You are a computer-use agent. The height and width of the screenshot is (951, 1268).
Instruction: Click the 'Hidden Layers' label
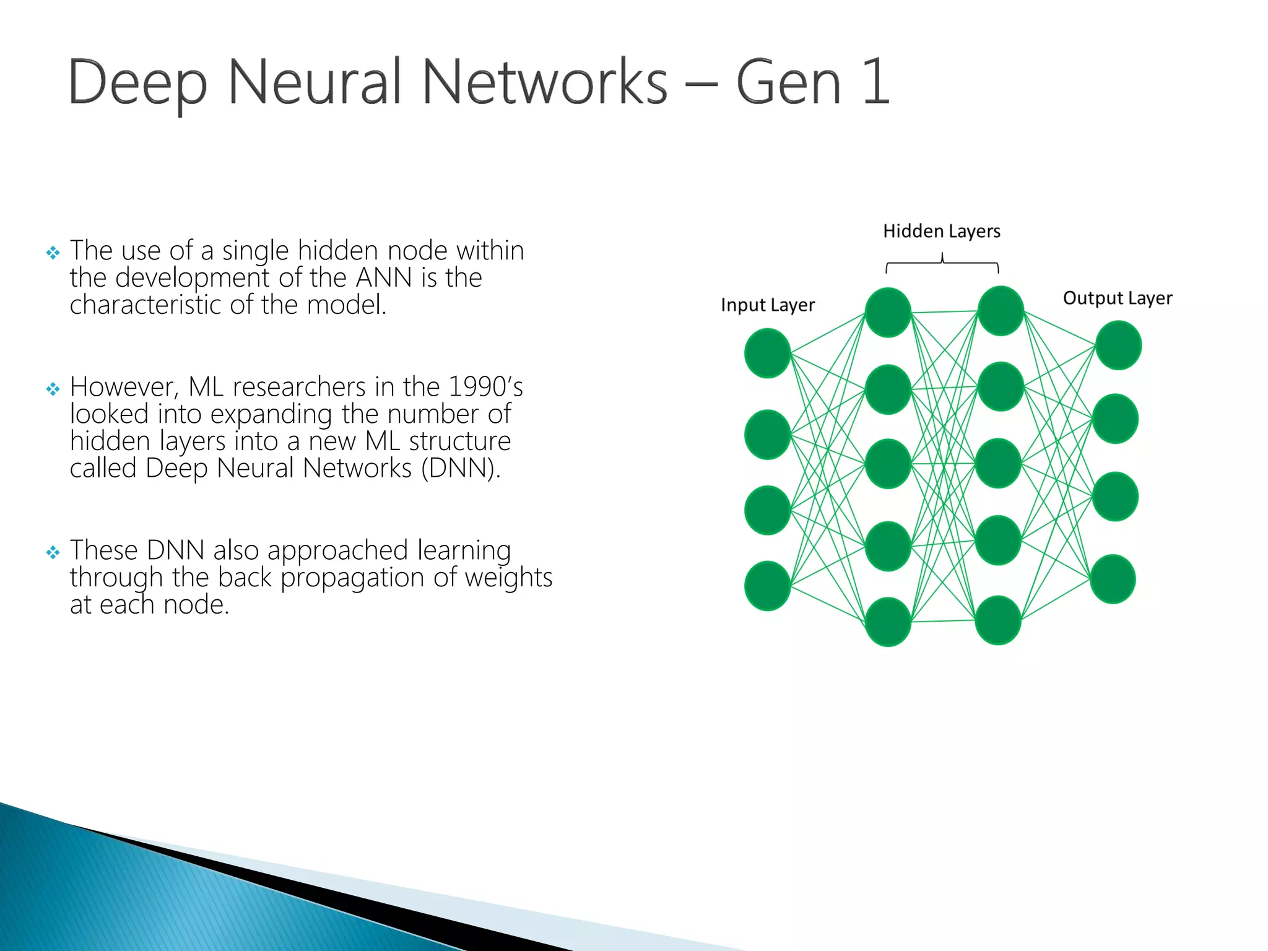pos(941,231)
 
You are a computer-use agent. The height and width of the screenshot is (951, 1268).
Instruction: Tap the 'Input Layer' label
pos(768,305)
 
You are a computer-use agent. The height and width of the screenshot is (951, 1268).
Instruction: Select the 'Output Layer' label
pos(1118,298)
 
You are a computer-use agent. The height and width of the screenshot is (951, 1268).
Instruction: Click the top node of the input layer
pos(767,353)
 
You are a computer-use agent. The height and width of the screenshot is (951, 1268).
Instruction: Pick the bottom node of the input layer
pos(767,586)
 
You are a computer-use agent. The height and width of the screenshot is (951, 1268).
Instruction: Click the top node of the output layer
pos(1118,345)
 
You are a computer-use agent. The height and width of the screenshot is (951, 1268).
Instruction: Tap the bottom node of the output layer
pos(1113,579)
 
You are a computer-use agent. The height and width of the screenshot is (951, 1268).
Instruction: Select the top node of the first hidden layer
pos(887,312)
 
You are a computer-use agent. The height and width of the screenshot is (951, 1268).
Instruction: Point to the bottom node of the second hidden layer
pos(997,620)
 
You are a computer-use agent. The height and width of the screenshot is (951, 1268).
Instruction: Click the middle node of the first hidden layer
pos(887,464)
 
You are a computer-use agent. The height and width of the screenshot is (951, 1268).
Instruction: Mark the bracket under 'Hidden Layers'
pos(942,264)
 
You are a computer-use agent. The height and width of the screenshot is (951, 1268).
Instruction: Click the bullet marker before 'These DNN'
pos(53,552)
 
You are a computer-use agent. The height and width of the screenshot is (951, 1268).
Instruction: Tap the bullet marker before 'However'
pos(53,389)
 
